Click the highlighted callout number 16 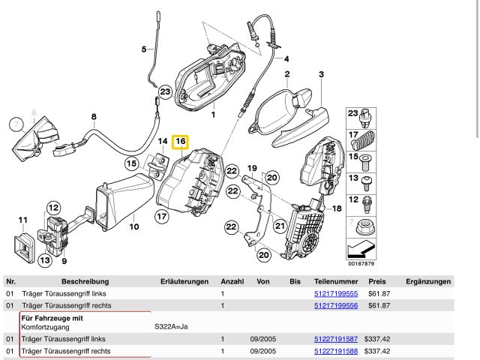[x=181, y=141]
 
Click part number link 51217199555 [x=335, y=294]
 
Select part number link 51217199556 [x=335, y=306]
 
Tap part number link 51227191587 [x=335, y=340]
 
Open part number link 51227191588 [x=335, y=351]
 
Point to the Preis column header [x=376, y=282]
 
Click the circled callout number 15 [x=132, y=163]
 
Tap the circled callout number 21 [x=280, y=225]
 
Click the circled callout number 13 [x=46, y=260]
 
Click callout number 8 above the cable [x=94, y=117]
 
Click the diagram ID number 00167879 [x=361, y=263]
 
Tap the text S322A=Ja [x=171, y=328]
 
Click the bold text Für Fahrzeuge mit [x=52, y=319]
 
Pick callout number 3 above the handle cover [x=321, y=74]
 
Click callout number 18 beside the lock [x=337, y=208]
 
